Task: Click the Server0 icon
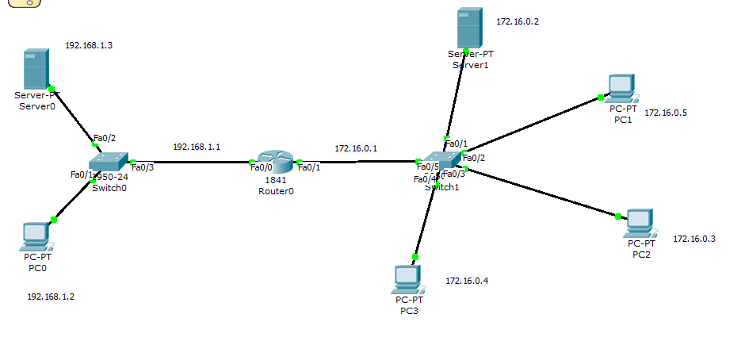coord(35,70)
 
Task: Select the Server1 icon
coord(469,29)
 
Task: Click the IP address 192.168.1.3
coord(89,46)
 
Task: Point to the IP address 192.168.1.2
coord(51,297)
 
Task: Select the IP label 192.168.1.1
coord(197,147)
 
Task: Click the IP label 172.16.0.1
coord(356,147)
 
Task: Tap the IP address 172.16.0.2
coord(518,21)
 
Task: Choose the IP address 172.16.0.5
coord(666,113)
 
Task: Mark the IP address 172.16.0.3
coord(694,239)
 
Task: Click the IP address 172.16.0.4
coord(467,281)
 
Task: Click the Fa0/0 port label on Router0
coord(261,167)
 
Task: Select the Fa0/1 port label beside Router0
coord(309,167)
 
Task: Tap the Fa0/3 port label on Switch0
coord(142,167)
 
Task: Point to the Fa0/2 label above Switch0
coord(105,138)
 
